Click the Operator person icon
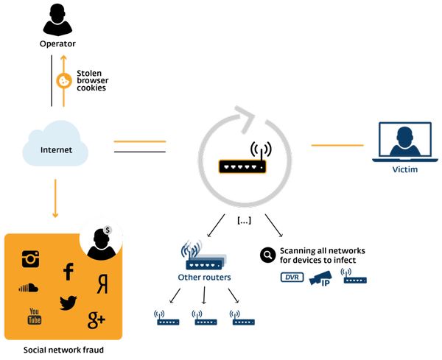click(57, 20)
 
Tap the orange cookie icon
click(64, 81)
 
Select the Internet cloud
click(55, 143)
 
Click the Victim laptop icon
click(405, 142)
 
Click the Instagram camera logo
click(30, 259)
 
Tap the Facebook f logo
click(69, 272)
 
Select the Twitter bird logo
click(69, 303)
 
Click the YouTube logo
click(35, 317)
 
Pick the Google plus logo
click(97, 320)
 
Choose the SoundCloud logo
click(28, 287)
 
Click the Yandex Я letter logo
click(102, 284)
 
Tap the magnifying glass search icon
click(267, 255)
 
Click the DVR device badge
click(292, 278)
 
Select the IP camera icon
click(320, 278)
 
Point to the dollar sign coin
click(107, 230)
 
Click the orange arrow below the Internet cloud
click(55, 198)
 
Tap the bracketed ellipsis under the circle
click(244, 221)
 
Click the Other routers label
click(204, 278)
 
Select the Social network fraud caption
click(63, 350)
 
